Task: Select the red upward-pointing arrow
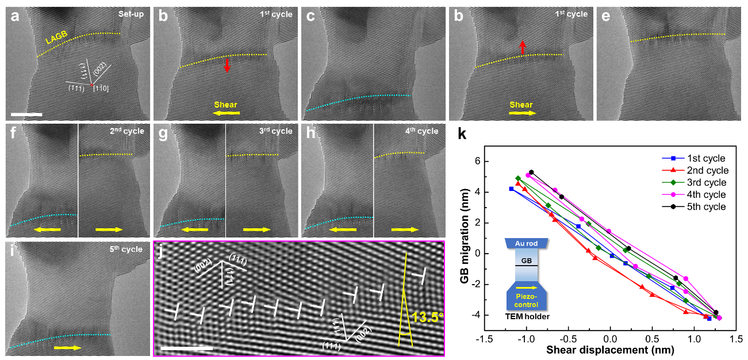522,48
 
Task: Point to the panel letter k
462,135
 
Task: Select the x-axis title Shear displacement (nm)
596,350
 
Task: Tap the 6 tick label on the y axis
477,162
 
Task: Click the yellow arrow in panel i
68,347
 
